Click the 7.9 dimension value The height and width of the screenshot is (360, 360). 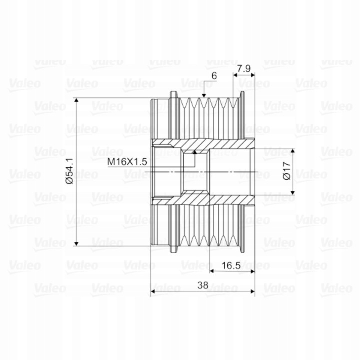click(244, 68)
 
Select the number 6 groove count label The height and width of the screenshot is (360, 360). click(214, 76)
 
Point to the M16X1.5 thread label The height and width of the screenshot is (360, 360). click(127, 162)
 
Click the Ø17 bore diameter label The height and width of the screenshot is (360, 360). click(287, 171)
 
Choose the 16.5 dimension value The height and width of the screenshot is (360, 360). click(231, 266)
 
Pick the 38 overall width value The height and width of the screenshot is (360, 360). click(203, 285)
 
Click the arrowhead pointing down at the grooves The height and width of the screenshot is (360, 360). click(204, 95)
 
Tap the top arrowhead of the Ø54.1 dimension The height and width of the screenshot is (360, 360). click(76, 101)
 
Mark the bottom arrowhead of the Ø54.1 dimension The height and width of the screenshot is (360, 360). click(76, 243)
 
